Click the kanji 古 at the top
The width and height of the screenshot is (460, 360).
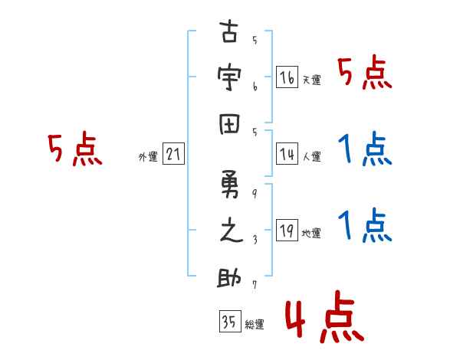pos(230,34)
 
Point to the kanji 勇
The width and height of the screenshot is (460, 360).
pos(230,187)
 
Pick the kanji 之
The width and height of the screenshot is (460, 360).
pos(230,233)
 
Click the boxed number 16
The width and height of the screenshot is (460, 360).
pos(287,77)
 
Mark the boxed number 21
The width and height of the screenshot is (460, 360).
pos(173,155)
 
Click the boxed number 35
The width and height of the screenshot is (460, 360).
pos(228,322)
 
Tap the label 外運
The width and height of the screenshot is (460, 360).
pos(148,157)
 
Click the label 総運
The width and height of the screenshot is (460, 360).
pos(255,325)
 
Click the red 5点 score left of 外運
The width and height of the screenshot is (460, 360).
pos(74,149)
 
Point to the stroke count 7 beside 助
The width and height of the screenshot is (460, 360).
pos(255,285)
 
